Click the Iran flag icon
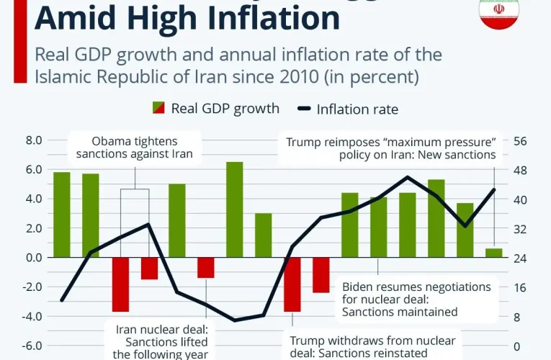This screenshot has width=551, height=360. [x=499, y=13]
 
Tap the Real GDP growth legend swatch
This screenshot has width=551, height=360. [x=158, y=109]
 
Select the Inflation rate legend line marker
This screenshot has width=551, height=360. [x=303, y=109]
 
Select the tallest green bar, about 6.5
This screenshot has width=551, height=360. [x=235, y=209]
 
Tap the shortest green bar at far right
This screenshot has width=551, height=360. [x=494, y=253]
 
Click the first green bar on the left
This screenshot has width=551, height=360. [x=62, y=215]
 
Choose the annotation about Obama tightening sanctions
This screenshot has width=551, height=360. [x=135, y=147]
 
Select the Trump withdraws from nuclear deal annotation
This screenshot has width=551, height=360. [x=372, y=346]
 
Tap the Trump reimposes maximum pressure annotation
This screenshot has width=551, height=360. [x=391, y=148]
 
